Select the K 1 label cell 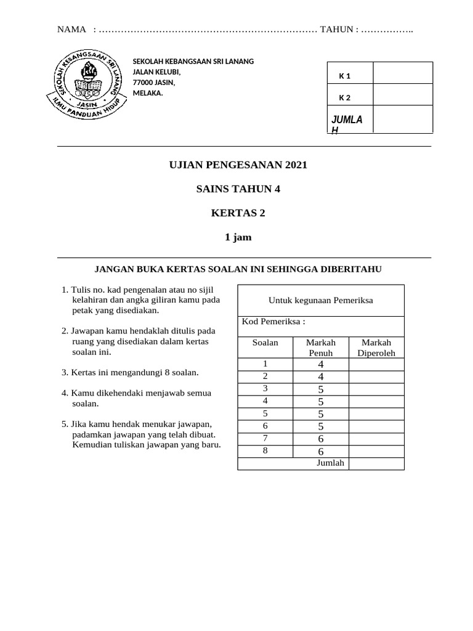click(x=345, y=76)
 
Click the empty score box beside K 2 click(x=402, y=97)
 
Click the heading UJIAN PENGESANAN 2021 click(x=238, y=165)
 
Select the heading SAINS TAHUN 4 click(x=238, y=189)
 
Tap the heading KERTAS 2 click(x=238, y=213)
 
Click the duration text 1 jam click(x=238, y=237)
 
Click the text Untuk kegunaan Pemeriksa click(x=320, y=300)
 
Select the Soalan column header click(x=265, y=342)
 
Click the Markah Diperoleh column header click(x=376, y=348)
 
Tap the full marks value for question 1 click(x=321, y=365)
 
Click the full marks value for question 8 click(x=321, y=451)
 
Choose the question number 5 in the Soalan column click(x=265, y=413)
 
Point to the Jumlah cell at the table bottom click(x=330, y=463)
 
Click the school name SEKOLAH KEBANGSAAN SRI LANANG click(x=193, y=61)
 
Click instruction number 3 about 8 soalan click(x=130, y=373)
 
